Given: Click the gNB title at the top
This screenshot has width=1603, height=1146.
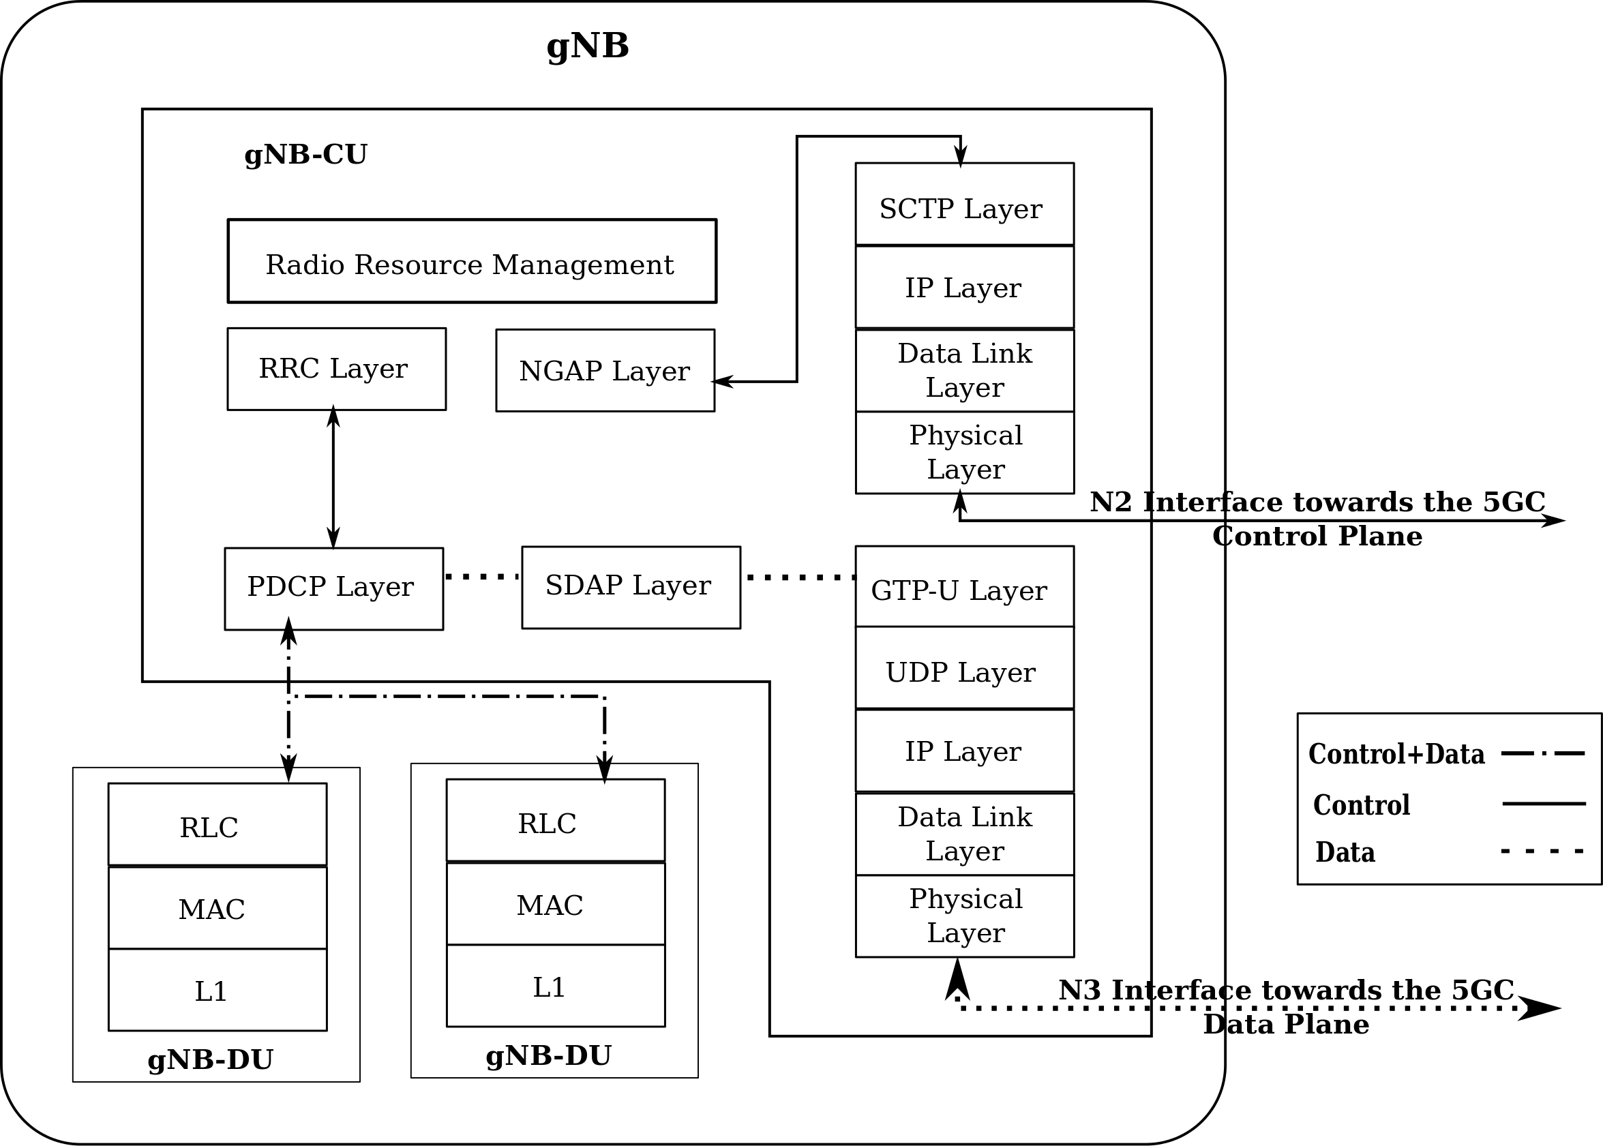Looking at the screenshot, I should [587, 46].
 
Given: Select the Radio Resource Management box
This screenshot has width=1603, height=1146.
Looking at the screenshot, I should [472, 261].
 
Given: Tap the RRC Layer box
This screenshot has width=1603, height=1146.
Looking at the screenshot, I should [336, 368].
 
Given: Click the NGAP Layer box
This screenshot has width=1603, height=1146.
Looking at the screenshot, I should [605, 370].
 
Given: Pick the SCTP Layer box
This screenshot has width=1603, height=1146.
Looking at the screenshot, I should [964, 205].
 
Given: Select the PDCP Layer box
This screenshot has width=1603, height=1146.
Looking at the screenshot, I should [333, 588].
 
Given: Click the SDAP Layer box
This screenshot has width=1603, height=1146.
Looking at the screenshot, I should [631, 587].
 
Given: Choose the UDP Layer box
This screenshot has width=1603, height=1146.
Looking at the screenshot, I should [964, 668].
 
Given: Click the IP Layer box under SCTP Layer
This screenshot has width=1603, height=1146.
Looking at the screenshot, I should [964, 287].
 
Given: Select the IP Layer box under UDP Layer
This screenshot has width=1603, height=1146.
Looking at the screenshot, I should [964, 751].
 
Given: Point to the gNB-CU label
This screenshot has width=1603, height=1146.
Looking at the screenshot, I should [305, 155].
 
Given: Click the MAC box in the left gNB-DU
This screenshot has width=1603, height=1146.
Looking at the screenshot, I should [218, 909].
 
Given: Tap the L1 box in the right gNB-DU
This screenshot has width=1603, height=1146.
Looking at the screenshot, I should [556, 986].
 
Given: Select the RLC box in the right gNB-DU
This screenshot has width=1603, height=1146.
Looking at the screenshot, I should [556, 821].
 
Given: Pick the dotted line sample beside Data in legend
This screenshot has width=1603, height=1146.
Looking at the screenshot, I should [1543, 851].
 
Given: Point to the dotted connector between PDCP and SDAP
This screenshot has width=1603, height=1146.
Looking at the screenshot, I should [482, 577].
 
